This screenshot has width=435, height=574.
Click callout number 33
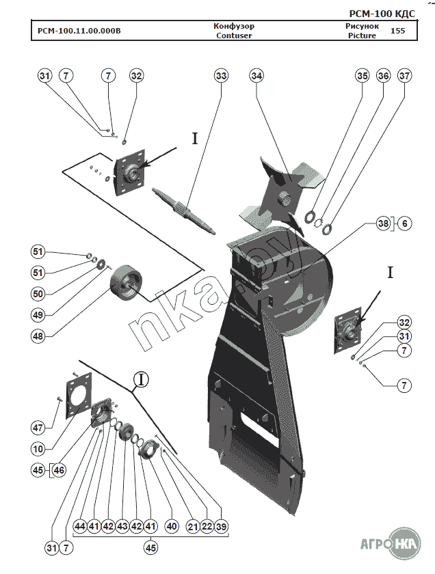tap(221, 76)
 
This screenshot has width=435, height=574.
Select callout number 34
tap(256, 76)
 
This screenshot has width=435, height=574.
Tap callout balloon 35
tap(362, 76)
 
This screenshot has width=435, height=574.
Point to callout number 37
tap(405, 76)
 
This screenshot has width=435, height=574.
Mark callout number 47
tap(38, 428)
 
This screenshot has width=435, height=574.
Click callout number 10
tap(38, 448)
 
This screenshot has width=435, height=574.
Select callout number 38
tap(383, 223)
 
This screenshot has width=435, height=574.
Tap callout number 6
tap(405, 223)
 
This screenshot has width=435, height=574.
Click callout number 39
tap(220, 527)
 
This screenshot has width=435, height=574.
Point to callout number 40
tap(171, 527)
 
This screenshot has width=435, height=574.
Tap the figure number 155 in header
tap(397, 31)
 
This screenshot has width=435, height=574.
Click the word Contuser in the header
tap(234, 36)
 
